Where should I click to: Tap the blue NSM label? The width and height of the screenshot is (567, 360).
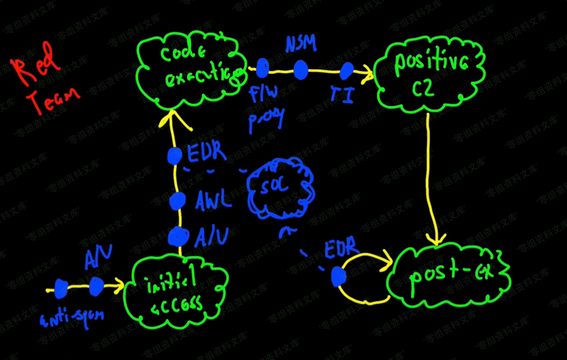pyautogui.click(x=301, y=44)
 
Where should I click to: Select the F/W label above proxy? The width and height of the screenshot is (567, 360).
pyautogui.click(x=263, y=94)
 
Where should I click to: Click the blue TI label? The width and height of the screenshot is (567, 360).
pyautogui.click(x=342, y=94)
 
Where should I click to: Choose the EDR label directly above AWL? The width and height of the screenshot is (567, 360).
pyautogui.click(x=206, y=153)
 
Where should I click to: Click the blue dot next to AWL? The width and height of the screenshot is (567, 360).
pyautogui.click(x=177, y=201)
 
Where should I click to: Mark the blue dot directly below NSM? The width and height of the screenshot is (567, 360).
pyautogui.click(x=301, y=70)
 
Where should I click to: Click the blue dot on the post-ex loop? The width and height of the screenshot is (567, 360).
pyautogui.click(x=338, y=276)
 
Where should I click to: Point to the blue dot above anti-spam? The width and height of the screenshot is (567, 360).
pyautogui.click(x=61, y=289)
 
